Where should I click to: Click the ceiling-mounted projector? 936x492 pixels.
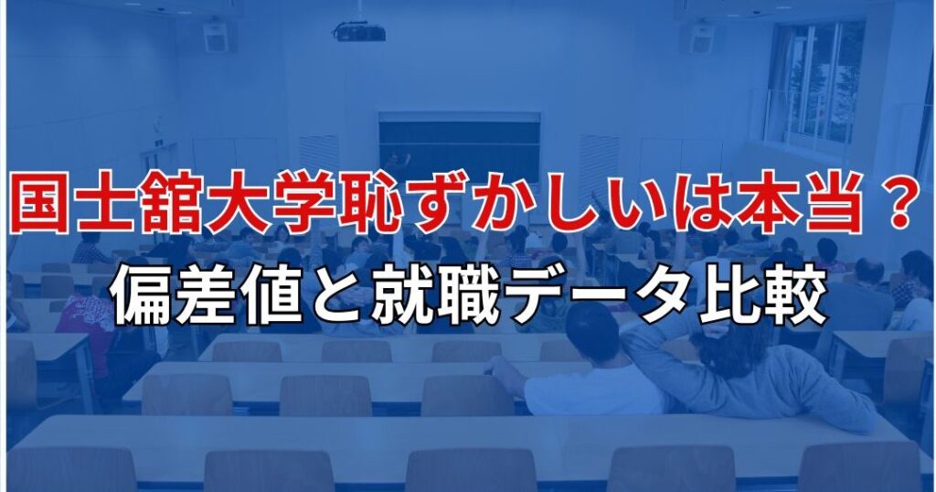(358, 31)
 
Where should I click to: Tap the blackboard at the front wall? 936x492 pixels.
(459, 147)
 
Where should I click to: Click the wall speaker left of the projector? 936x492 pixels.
(216, 36)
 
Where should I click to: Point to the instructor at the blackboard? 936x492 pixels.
(397, 165)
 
